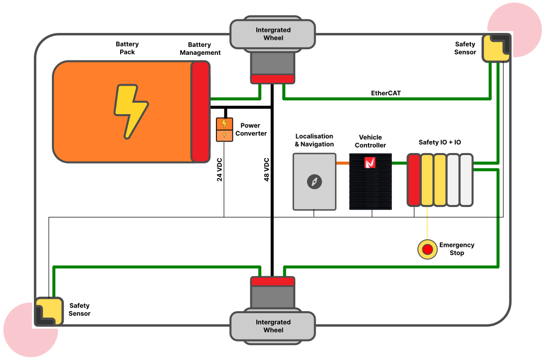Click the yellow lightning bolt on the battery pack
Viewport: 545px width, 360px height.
131,111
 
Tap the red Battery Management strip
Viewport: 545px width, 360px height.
200,111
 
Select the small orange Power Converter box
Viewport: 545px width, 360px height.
224,130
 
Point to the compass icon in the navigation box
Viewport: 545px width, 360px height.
314,182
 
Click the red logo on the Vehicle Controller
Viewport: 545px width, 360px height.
370,163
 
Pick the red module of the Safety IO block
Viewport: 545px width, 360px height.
413,180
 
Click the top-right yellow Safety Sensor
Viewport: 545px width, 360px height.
496,48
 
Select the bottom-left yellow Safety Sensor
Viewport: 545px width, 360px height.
49,311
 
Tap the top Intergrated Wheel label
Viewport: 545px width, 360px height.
273,34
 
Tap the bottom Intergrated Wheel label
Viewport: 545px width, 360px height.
273,326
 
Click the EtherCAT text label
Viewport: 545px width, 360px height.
386,93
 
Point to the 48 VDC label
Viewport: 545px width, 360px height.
266,169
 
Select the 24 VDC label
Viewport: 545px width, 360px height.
219,170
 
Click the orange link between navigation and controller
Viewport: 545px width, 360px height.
343,163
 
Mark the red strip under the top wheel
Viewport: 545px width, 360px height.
272,79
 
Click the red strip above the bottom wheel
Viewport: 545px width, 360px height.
272,282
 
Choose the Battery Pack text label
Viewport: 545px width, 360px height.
127,48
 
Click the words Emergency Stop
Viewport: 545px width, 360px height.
456,249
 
